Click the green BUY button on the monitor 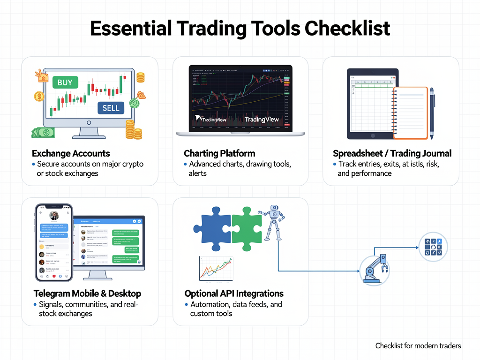[65, 83]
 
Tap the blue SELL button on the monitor [111, 108]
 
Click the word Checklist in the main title [347, 29]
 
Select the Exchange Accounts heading [71, 153]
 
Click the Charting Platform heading [219, 153]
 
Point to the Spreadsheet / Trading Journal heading [392, 153]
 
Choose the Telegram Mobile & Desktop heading [87, 293]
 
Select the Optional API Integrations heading [234, 293]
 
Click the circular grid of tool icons [433, 247]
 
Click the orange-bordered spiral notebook [410, 113]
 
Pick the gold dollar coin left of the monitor [39, 97]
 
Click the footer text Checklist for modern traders [418, 345]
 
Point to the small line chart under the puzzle [216, 269]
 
